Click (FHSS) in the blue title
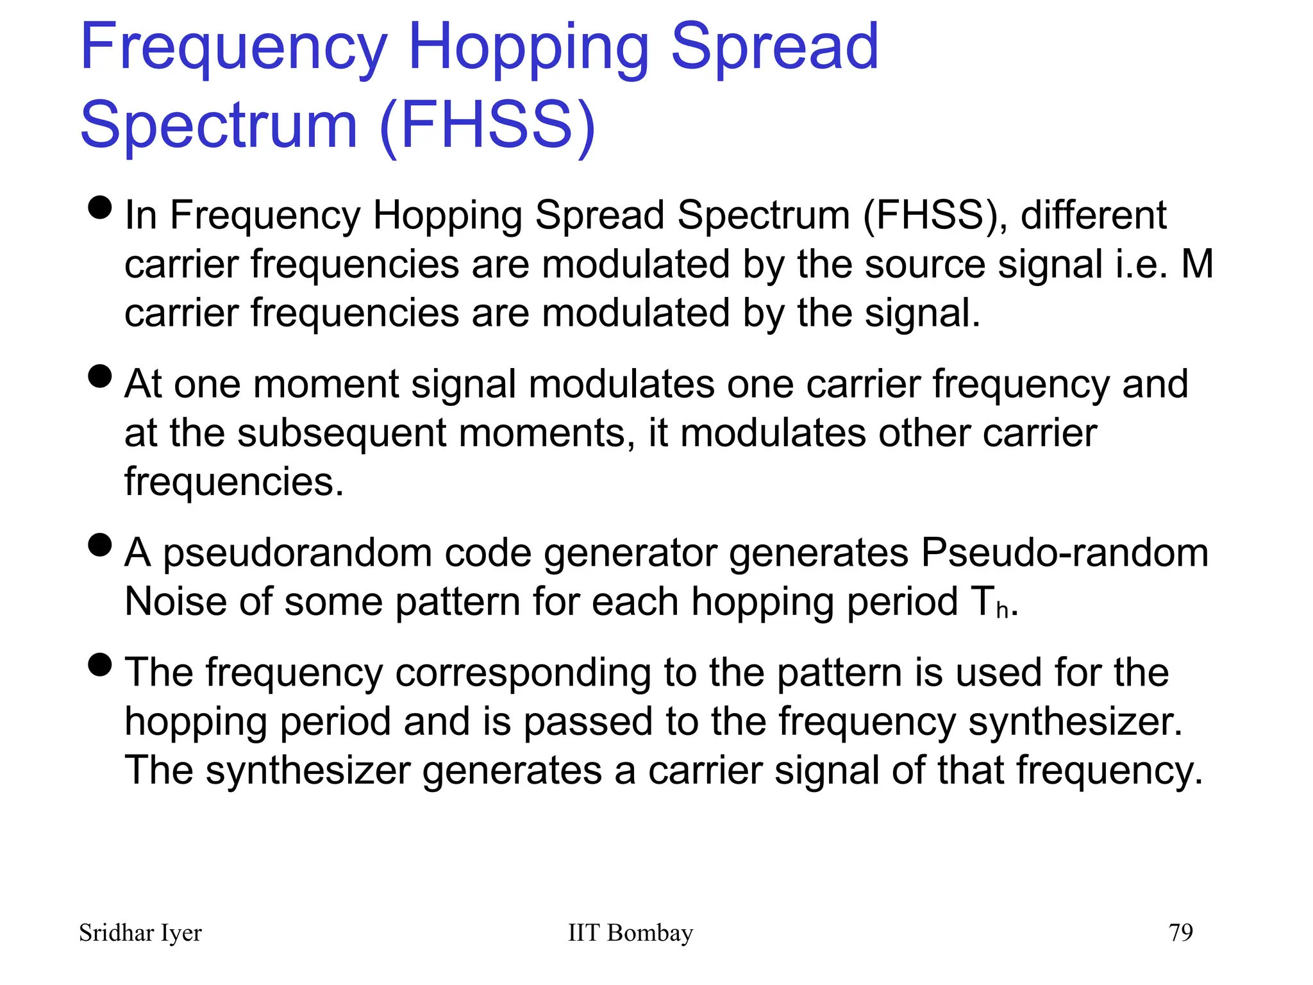tap(488, 125)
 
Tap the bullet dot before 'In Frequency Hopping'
tap(100, 207)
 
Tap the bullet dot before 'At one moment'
tap(100, 376)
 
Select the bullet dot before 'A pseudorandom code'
tap(100, 545)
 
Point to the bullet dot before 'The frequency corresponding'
tap(100, 665)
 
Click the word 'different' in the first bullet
tap(1093, 215)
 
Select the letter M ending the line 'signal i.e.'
tap(1196, 264)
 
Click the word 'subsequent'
tap(341, 434)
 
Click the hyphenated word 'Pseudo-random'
tap(1064, 553)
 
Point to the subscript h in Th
tap(1002, 610)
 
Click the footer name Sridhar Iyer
tap(140, 933)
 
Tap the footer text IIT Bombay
tap(630, 933)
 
